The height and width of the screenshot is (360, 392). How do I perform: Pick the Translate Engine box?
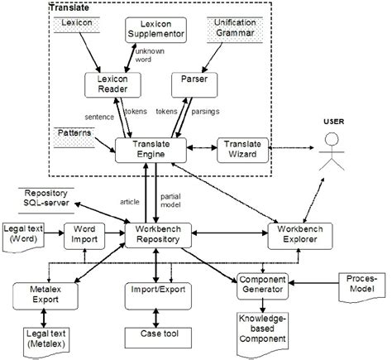pos(146,149)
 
